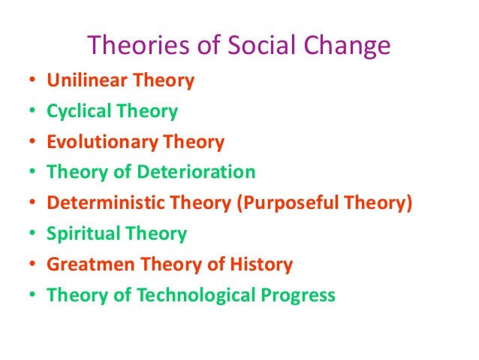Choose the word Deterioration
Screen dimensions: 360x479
tap(196, 172)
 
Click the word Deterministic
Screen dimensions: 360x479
tap(97, 203)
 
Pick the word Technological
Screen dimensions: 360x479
tap(190, 295)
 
